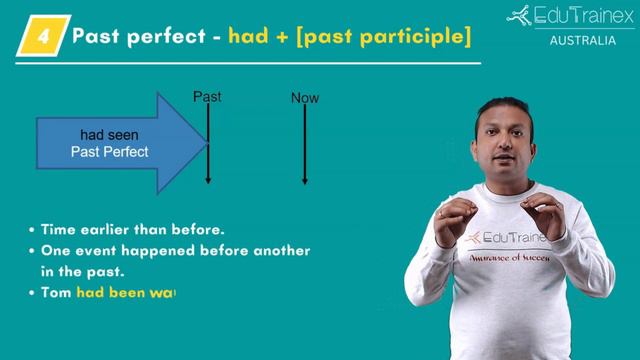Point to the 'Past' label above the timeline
pos(207,97)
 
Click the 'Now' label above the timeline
pos(305,98)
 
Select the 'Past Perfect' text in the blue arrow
pos(109,152)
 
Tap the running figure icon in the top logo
pos(519,16)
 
